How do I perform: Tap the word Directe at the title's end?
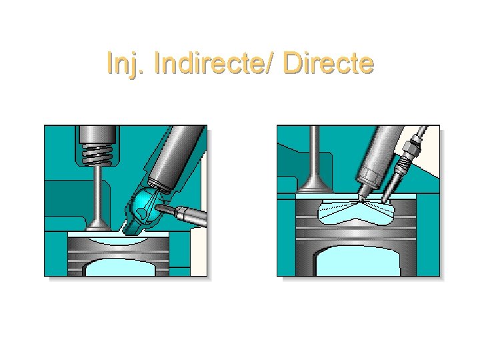click(x=329, y=64)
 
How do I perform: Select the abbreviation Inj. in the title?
click(x=127, y=64)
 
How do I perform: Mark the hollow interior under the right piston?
click(x=359, y=263)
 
